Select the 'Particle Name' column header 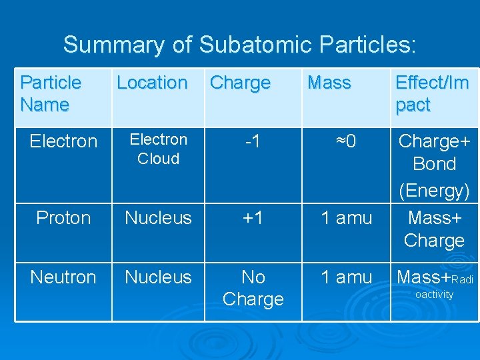[51, 93]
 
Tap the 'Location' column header [152, 83]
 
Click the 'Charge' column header [240, 83]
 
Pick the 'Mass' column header [329, 83]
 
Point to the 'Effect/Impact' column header [432, 93]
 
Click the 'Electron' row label [63, 141]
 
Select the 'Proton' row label [63, 218]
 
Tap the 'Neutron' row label [63, 277]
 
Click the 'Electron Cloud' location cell [158, 149]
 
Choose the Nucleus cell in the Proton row [158, 218]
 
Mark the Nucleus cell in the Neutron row [158, 277]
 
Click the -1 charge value [253, 141]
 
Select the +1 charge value [253, 218]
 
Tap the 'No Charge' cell [253, 288]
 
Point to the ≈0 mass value [346, 141]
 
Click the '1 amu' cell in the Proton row [346, 218]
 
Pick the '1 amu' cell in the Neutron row [346, 277]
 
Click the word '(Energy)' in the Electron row [434, 191]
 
